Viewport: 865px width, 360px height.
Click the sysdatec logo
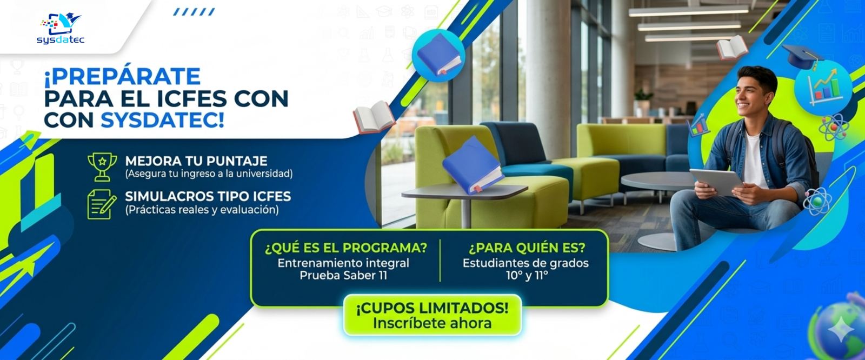tap(61, 28)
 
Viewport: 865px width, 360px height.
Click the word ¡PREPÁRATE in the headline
tap(122, 77)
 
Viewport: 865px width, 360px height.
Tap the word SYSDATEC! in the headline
tap(162, 120)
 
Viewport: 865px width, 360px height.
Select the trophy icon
tap(102, 166)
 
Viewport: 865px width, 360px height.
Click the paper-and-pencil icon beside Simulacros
tap(102, 204)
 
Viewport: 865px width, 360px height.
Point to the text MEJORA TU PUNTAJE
tap(196, 161)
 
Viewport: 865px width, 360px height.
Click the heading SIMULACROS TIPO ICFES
tap(208, 196)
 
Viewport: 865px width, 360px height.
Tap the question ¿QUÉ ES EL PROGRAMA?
tap(345, 248)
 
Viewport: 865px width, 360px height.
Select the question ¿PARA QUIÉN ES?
tap(526, 248)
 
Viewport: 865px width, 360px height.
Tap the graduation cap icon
tap(802, 55)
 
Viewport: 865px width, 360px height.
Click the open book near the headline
tap(374, 117)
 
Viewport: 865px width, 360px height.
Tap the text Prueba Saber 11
tap(343, 276)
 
